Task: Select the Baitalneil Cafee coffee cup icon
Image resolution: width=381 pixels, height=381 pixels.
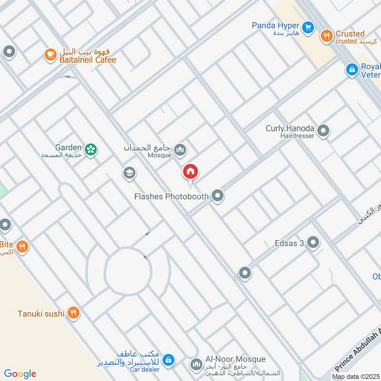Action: [50, 55]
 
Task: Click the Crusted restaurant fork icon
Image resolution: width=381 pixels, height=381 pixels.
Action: [326, 36]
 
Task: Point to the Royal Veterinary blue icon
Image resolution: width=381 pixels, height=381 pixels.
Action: [351, 70]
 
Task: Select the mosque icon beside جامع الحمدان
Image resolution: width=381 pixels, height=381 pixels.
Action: [180, 151]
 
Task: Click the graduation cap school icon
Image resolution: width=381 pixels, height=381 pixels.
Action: [129, 173]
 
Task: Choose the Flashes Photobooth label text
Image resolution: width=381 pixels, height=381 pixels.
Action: [172, 196]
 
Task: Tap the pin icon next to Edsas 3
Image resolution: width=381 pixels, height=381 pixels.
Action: [313, 243]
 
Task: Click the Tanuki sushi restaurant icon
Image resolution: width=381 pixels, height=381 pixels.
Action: [73, 313]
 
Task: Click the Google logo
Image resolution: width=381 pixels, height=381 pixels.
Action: [20, 374]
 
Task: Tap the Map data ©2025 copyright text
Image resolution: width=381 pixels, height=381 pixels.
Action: [355, 377]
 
